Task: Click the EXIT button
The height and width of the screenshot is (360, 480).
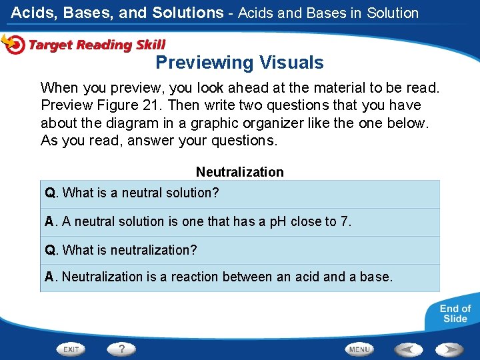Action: (x=71, y=349)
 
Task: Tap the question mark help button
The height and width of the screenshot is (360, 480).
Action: (x=122, y=349)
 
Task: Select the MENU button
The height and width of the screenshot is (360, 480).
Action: (x=359, y=349)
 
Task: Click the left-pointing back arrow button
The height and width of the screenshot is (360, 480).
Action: (x=408, y=349)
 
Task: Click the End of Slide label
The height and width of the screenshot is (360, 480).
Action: (x=455, y=313)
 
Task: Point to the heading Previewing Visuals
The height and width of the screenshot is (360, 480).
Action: (x=239, y=63)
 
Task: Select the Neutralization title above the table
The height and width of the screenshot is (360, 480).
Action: (x=239, y=172)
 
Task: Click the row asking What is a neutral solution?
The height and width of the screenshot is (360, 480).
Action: (x=240, y=193)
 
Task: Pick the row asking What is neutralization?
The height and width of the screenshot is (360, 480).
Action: (x=240, y=250)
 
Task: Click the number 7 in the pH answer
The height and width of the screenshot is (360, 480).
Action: (x=345, y=221)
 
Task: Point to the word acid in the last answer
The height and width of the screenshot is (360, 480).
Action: (x=307, y=277)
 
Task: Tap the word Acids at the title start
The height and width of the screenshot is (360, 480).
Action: (x=32, y=13)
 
